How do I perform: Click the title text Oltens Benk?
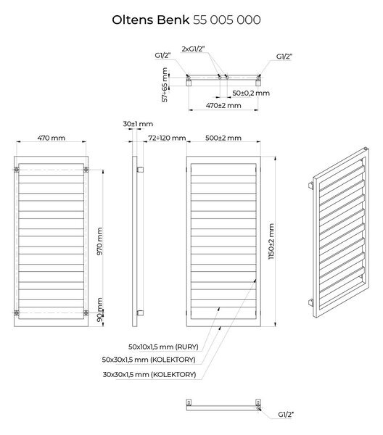pyautogui.click(x=151, y=20)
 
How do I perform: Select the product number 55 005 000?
pyautogui.click(x=227, y=20)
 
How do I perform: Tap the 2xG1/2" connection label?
pyautogui.click(x=194, y=49)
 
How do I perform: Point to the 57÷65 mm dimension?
pyautogui.click(x=165, y=85)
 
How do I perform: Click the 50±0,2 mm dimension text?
pyautogui.click(x=251, y=94)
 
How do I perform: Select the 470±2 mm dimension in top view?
pyautogui.click(x=223, y=105)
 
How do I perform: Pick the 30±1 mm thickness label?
pyautogui.click(x=138, y=124)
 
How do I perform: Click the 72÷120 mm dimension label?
pyautogui.click(x=167, y=138)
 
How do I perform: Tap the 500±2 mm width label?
pyautogui.click(x=223, y=138)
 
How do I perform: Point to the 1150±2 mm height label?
pyautogui.click(x=271, y=241)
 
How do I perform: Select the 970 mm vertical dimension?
pyautogui.click(x=99, y=241)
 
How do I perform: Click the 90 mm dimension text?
pyautogui.click(x=99, y=310)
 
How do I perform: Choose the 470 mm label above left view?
pyautogui.click(x=52, y=138)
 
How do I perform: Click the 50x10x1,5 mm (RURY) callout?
pyautogui.click(x=163, y=347)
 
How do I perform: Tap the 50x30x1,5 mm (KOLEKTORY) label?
pyautogui.click(x=149, y=360)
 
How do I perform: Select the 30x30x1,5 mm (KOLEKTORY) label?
pyautogui.click(x=149, y=375)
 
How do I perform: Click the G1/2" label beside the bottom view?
pyautogui.click(x=286, y=415)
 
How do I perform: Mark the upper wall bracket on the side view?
pyautogui.click(x=140, y=170)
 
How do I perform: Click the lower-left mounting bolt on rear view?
pyautogui.click(x=17, y=313)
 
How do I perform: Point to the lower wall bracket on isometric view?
pyautogui.click(x=311, y=302)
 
